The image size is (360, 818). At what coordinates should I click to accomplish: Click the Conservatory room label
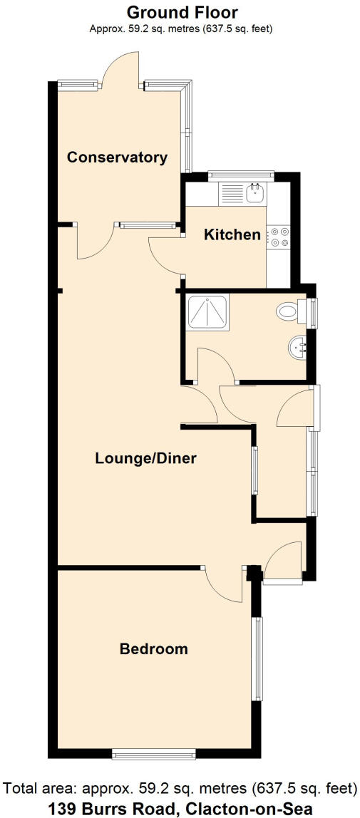point(117,157)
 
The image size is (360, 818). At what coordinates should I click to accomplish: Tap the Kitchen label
point(232,234)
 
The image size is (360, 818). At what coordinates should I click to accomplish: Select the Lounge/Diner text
point(145,458)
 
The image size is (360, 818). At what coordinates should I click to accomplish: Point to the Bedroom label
point(154,649)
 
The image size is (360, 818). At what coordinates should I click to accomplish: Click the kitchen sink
point(254,192)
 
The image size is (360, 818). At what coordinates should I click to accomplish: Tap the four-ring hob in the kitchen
point(278,237)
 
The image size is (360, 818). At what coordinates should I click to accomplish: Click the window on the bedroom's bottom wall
point(154,753)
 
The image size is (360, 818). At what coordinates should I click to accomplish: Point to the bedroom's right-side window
point(259,658)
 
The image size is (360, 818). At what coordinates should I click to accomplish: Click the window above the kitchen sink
point(240,173)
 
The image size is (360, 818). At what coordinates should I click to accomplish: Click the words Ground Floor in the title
point(182,12)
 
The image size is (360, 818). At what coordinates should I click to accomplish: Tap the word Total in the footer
point(21,789)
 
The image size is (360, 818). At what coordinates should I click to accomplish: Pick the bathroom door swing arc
point(215,363)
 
